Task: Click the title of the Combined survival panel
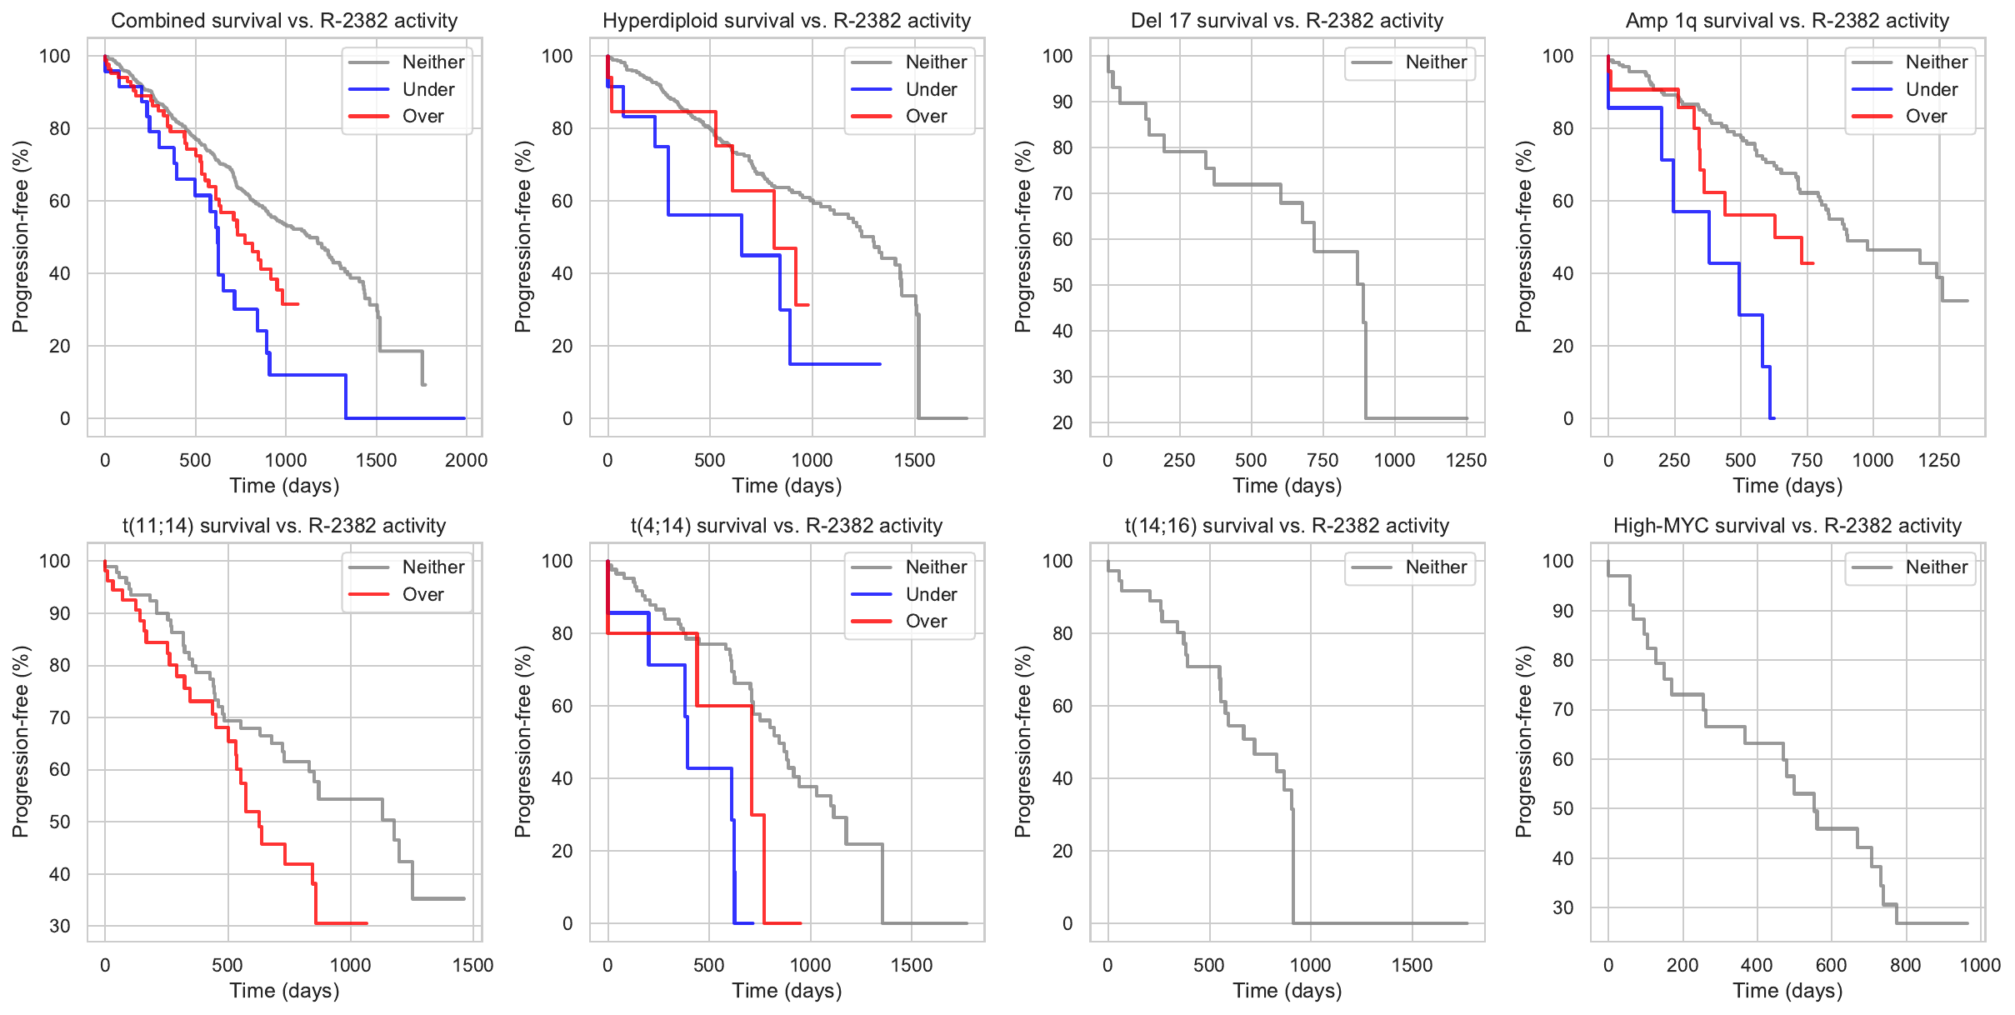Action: click(x=284, y=21)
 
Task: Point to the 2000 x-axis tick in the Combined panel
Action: click(x=466, y=460)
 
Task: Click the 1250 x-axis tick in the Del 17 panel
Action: click(x=1466, y=460)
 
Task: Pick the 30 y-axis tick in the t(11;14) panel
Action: click(x=60, y=926)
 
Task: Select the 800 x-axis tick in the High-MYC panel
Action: click(x=1905, y=965)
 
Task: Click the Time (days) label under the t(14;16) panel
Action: click(x=1287, y=991)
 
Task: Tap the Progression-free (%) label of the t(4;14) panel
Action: click(x=522, y=742)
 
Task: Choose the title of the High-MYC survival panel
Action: click(x=1787, y=526)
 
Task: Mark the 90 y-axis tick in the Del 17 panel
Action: click(x=1061, y=102)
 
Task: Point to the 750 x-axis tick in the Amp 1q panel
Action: click(x=1806, y=460)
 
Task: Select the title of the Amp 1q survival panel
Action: click(x=1787, y=21)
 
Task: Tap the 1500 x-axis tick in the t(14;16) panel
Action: click(x=1412, y=965)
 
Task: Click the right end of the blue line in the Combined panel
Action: click(x=464, y=418)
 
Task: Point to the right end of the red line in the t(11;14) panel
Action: click(x=367, y=923)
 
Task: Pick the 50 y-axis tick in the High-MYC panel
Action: click(x=1562, y=808)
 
